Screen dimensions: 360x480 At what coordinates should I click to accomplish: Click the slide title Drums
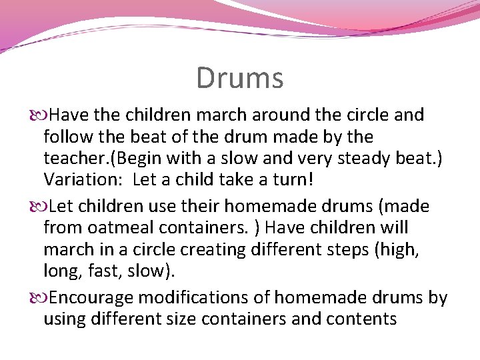239,78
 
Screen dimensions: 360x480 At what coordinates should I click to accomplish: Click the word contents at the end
361,319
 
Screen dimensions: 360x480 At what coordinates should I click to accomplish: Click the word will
394,228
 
